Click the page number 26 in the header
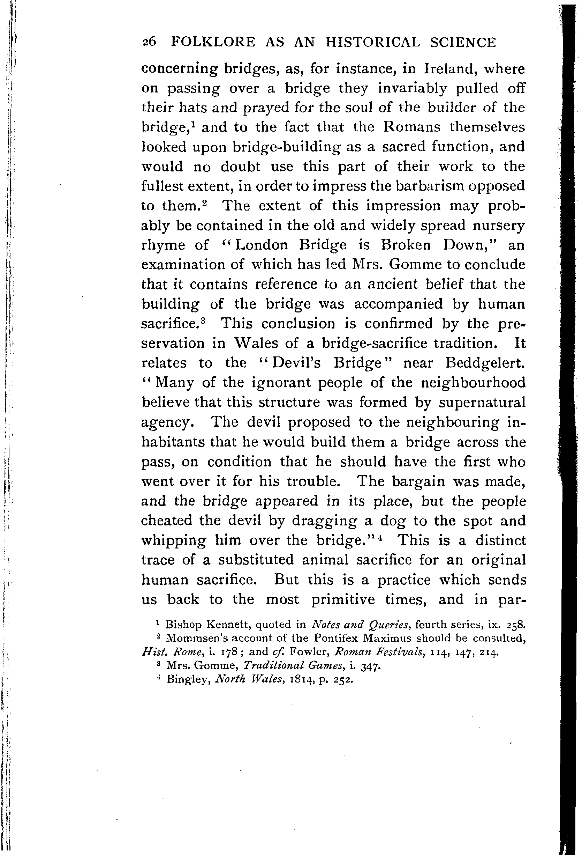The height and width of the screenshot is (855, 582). [149, 42]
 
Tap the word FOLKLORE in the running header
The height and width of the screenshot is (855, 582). [213, 42]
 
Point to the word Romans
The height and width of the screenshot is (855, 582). [411, 127]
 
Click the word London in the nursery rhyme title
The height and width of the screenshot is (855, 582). [261, 245]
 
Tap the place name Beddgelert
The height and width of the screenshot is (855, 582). [485, 363]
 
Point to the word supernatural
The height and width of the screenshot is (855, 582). [482, 402]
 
